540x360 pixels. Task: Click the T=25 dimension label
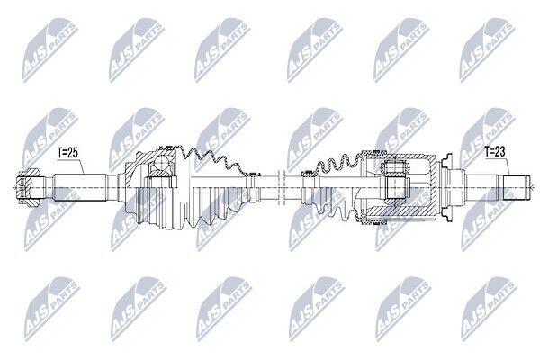click(67, 153)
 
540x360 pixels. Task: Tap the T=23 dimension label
click(495, 151)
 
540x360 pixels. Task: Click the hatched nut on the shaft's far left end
click(27, 188)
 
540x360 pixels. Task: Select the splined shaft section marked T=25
click(81, 188)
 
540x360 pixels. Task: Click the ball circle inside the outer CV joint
click(161, 162)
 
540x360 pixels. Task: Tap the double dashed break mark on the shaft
click(282, 188)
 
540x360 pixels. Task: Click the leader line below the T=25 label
click(81, 166)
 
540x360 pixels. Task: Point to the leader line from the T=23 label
click(508, 166)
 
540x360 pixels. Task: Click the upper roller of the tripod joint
click(395, 167)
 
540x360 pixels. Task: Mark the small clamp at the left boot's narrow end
click(253, 175)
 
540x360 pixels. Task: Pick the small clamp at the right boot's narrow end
click(308, 174)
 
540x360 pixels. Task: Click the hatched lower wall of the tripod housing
click(400, 211)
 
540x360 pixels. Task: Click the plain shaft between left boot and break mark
click(267, 188)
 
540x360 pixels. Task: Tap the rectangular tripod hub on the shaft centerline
click(395, 188)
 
